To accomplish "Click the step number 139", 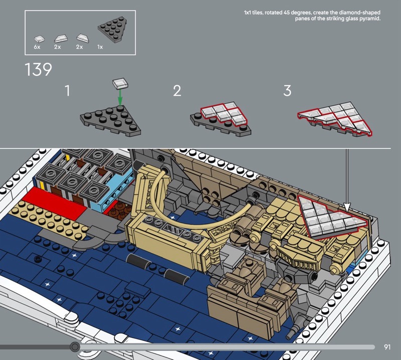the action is [38, 69].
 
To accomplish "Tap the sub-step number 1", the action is [67, 91].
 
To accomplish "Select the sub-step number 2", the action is [177, 91].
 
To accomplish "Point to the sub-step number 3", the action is [287, 91].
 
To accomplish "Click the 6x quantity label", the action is [37, 47].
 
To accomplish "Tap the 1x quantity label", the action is [100, 47].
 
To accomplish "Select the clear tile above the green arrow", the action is [120, 84].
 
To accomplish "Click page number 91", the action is [387, 347].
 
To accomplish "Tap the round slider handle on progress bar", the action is [75, 347].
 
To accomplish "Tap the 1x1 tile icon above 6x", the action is [39, 39].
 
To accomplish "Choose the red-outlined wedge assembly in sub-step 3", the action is [335, 118].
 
